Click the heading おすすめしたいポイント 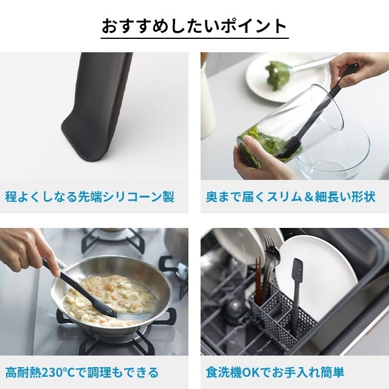(194, 26)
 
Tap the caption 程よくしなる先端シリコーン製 (90, 197)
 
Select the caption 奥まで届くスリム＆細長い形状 (291, 197)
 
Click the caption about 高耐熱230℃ (82, 373)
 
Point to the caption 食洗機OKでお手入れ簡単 (275, 373)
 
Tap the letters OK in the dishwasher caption (251, 373)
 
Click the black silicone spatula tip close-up (97, 107)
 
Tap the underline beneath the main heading (194, 38)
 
